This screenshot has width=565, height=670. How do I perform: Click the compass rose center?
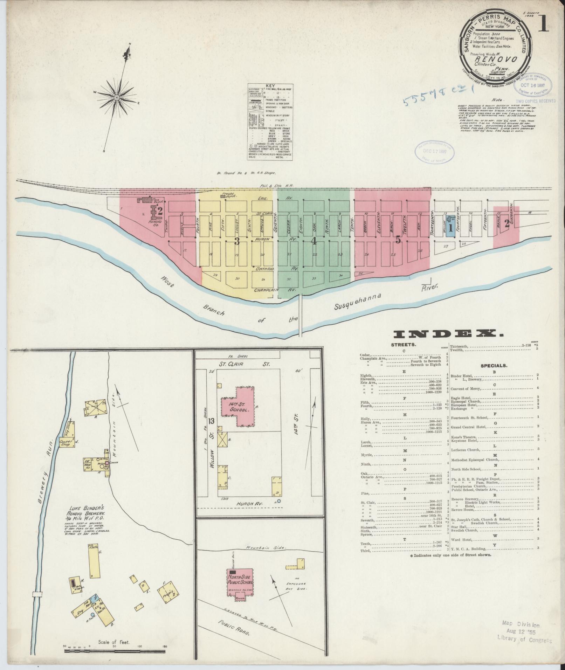pyautogui.click(x=117, y=97)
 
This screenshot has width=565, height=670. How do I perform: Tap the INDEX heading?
pyautogui.click(x=448, y=334)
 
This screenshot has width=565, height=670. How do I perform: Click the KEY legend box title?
pyautogui.click(x=270, y=85)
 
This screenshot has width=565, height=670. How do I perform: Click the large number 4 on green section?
pyautogui.click(x=313, y=241)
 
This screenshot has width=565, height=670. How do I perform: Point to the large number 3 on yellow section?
pyautogui.click(x=237, y=241)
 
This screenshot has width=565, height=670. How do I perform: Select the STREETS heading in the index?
pyautogui.click(x=404, y=345)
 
